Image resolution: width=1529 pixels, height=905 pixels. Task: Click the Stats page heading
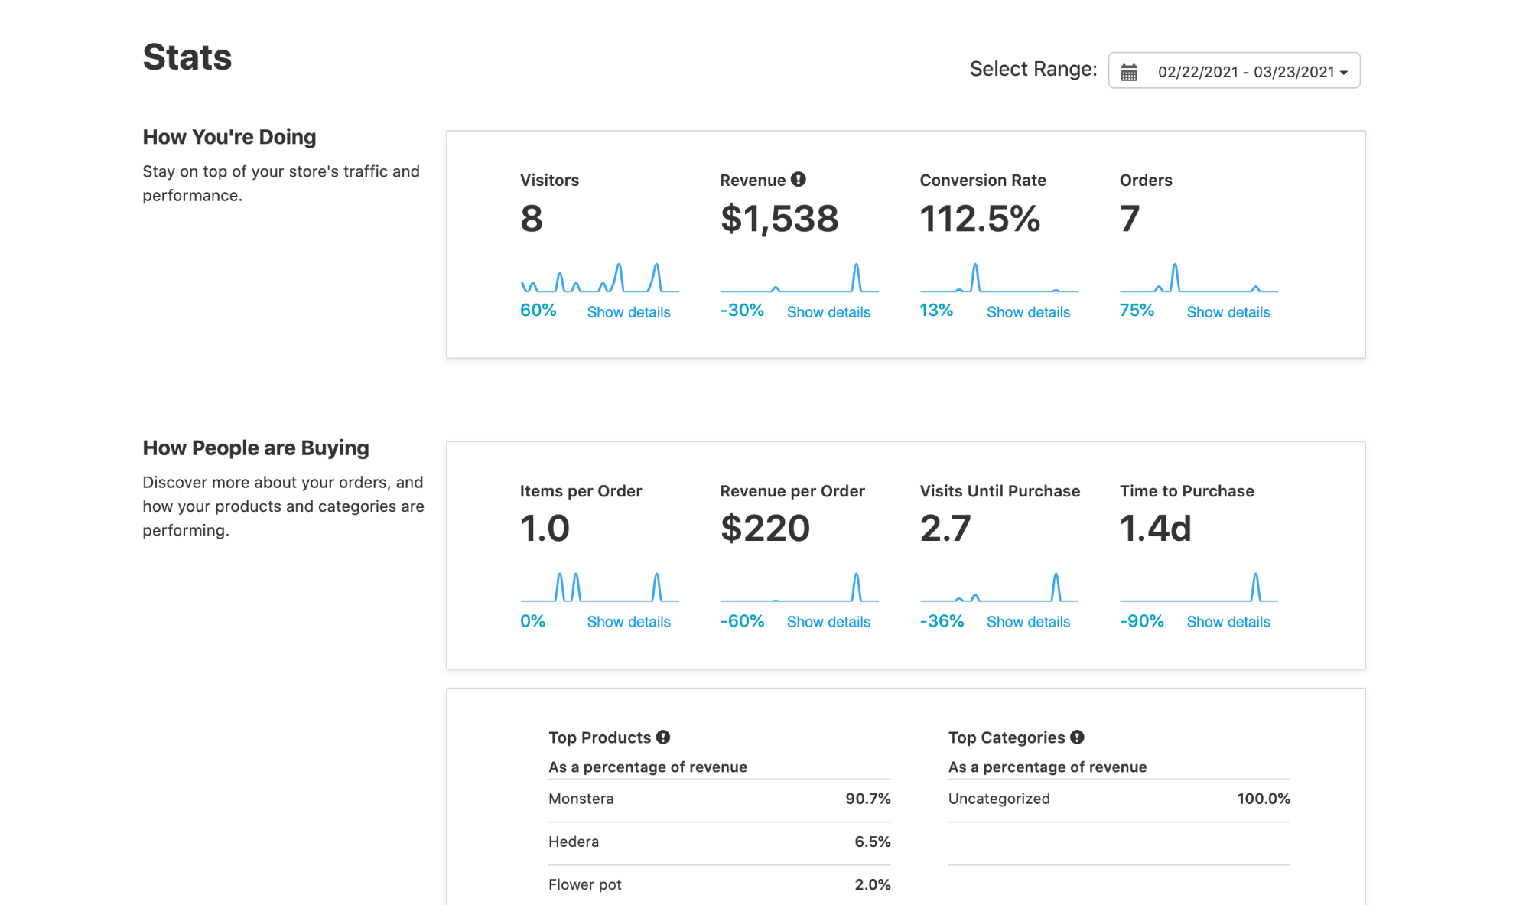[x=187, y=57]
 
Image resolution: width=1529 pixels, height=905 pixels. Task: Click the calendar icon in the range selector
[x=1128, y=72]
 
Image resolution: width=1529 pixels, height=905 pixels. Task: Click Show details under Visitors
[x=628, y=312]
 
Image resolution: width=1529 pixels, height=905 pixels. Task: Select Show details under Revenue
[x=828, y=312]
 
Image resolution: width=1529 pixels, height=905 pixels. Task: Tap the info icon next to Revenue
[x=798, y=180]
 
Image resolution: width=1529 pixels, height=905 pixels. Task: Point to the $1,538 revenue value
[x=779, y=219]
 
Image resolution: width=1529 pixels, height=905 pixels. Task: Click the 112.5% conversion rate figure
[x=979, y=219]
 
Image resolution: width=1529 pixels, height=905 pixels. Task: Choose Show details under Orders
[x=1227, y=312]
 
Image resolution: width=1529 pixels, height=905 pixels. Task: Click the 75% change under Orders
[x=1136, y=311]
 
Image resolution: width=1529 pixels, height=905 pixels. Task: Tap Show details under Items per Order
[x=628, y=622]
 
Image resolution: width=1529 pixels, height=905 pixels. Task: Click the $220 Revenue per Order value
[x=764, y=529]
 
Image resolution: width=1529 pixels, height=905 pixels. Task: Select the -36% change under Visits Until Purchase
[x=941, y=621]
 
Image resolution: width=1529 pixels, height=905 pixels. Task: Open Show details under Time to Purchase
[x=1227, y=622]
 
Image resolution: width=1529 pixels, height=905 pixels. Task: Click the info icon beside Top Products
[x=663, y=737]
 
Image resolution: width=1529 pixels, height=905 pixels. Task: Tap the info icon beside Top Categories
[x=1077, y=737]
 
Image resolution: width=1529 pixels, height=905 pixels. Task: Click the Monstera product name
[x=581, y=799]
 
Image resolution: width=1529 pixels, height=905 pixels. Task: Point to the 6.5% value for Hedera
[x=872, y=842]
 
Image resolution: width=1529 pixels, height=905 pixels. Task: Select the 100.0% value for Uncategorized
[x=1263, y=799]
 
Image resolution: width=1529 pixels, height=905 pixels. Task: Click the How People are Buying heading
[x=255, y=448]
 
